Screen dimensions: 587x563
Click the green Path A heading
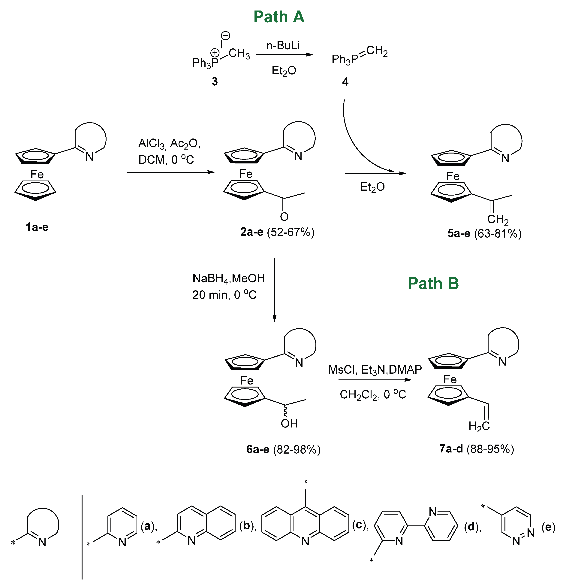click(279, 17)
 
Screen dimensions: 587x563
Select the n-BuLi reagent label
click(283, 46)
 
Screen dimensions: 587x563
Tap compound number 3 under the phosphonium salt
click(215, 81)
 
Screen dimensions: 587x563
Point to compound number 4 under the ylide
click(345, 81)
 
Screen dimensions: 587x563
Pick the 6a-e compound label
click(258, 449)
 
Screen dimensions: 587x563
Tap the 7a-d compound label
click(451, 449)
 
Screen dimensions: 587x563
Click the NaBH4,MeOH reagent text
click(229, 278)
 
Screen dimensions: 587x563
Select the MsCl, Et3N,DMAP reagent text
click(375, 370)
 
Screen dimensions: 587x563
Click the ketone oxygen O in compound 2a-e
click(284, 217)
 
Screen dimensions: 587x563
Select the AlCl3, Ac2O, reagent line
click(169, 144)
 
